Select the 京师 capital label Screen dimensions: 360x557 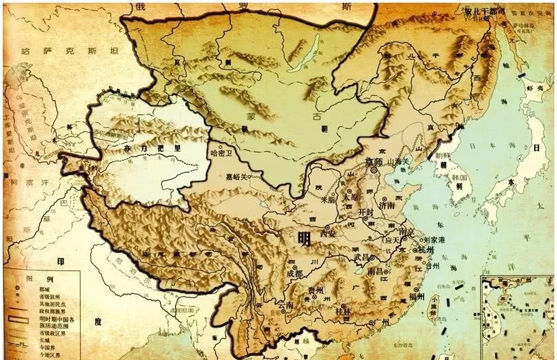[375, 162]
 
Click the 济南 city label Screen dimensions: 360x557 [386, 205]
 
